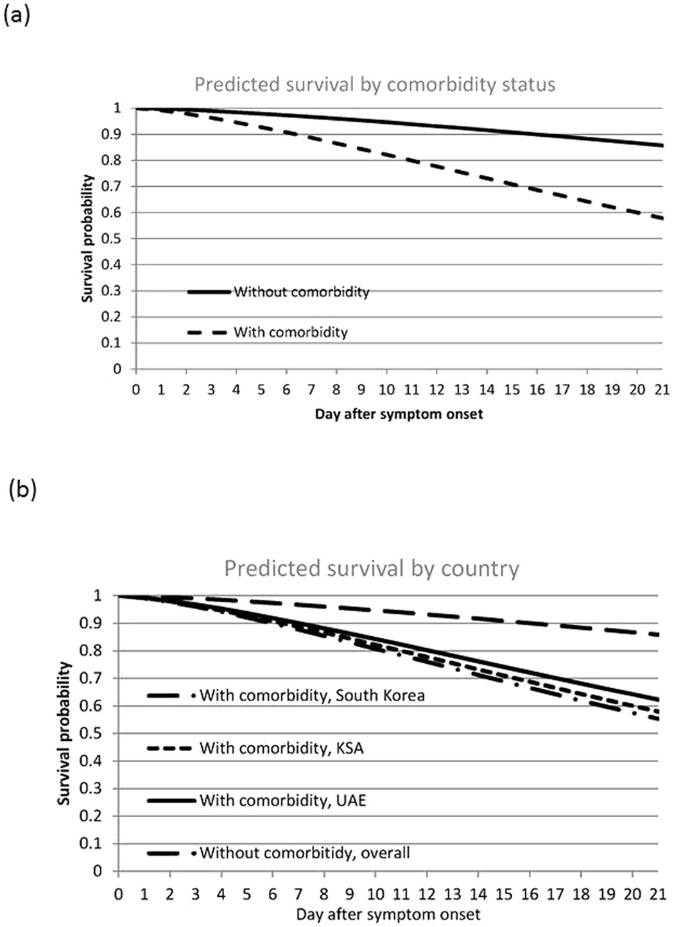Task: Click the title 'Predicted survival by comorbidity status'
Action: click(x=375, y=85)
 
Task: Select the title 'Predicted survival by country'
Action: click(x=372, y=569)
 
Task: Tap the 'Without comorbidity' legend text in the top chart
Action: click(x=302, y=292)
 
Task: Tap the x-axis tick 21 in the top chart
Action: click(x=662, y=390)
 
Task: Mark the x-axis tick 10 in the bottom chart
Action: click(x=375, y=894)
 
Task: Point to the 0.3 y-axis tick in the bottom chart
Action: click(x=94, y=788)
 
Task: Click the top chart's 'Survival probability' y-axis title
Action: click(x=88, y=238)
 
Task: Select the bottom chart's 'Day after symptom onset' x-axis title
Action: click(x=388, y=914)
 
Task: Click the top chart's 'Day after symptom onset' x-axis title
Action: click(x=399, y=414)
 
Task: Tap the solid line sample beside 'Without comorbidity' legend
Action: click(x=209, y=292)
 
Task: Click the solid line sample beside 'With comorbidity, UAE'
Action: click(x=171, y=801)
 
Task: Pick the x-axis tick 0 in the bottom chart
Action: click(x=118, y=894)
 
